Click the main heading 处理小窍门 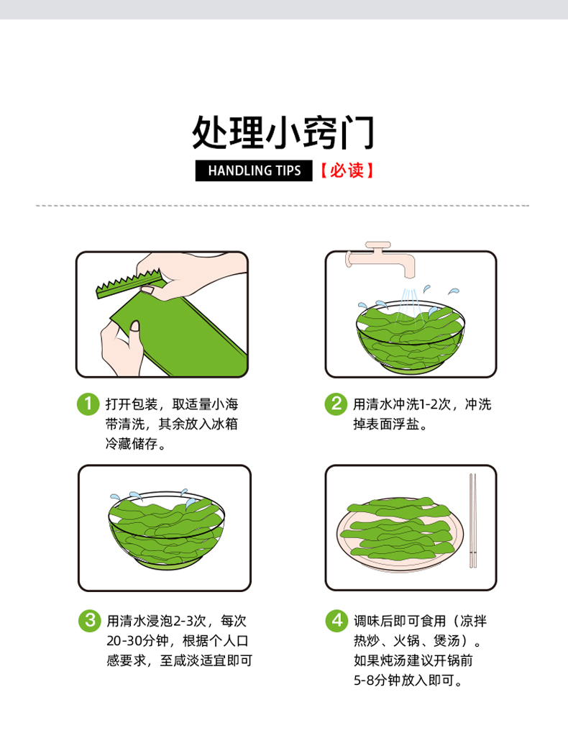(284, 132)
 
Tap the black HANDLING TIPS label (254, 170)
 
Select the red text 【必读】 (347, 170)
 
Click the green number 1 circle (88, 404)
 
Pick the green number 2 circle (336, 404)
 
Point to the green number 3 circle (90, 621)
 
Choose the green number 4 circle (336, 621)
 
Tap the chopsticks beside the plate (473, 521)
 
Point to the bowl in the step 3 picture (166, 529)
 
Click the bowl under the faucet (411, 337)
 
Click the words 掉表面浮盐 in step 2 (386, 424)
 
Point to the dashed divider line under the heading (283, 206)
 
